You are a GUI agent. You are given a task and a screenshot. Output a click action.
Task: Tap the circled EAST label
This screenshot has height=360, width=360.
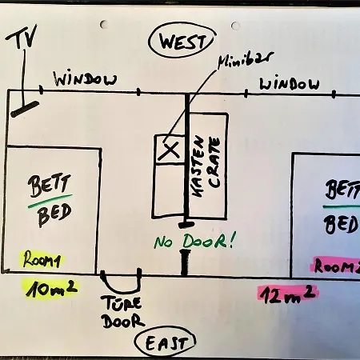166,342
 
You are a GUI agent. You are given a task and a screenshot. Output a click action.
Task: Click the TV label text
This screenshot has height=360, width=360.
22,37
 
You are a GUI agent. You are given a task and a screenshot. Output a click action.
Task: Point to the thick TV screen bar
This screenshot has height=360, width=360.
25,109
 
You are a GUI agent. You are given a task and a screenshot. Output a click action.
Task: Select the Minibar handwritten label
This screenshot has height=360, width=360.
246,60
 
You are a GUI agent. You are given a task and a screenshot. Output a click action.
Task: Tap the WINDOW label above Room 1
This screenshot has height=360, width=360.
85,79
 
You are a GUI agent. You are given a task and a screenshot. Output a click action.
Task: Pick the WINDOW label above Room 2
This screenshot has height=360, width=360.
290,84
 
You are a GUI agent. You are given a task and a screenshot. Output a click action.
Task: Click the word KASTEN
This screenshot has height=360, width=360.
198,166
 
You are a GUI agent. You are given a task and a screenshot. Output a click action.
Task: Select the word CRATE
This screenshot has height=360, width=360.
214,162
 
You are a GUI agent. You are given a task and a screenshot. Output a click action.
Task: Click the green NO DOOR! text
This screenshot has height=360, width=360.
195,241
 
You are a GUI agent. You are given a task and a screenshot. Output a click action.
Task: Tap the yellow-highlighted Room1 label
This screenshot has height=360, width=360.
42,259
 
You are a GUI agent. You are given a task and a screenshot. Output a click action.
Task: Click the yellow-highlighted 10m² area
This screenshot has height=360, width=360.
50,288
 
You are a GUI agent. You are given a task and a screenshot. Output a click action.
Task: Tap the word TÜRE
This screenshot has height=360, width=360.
122,303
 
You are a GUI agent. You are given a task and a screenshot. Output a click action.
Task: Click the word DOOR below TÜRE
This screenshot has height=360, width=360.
123,321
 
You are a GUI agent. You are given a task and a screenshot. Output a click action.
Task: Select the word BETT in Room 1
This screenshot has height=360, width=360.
50,185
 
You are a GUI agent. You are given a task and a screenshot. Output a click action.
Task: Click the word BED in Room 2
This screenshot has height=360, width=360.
342,225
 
